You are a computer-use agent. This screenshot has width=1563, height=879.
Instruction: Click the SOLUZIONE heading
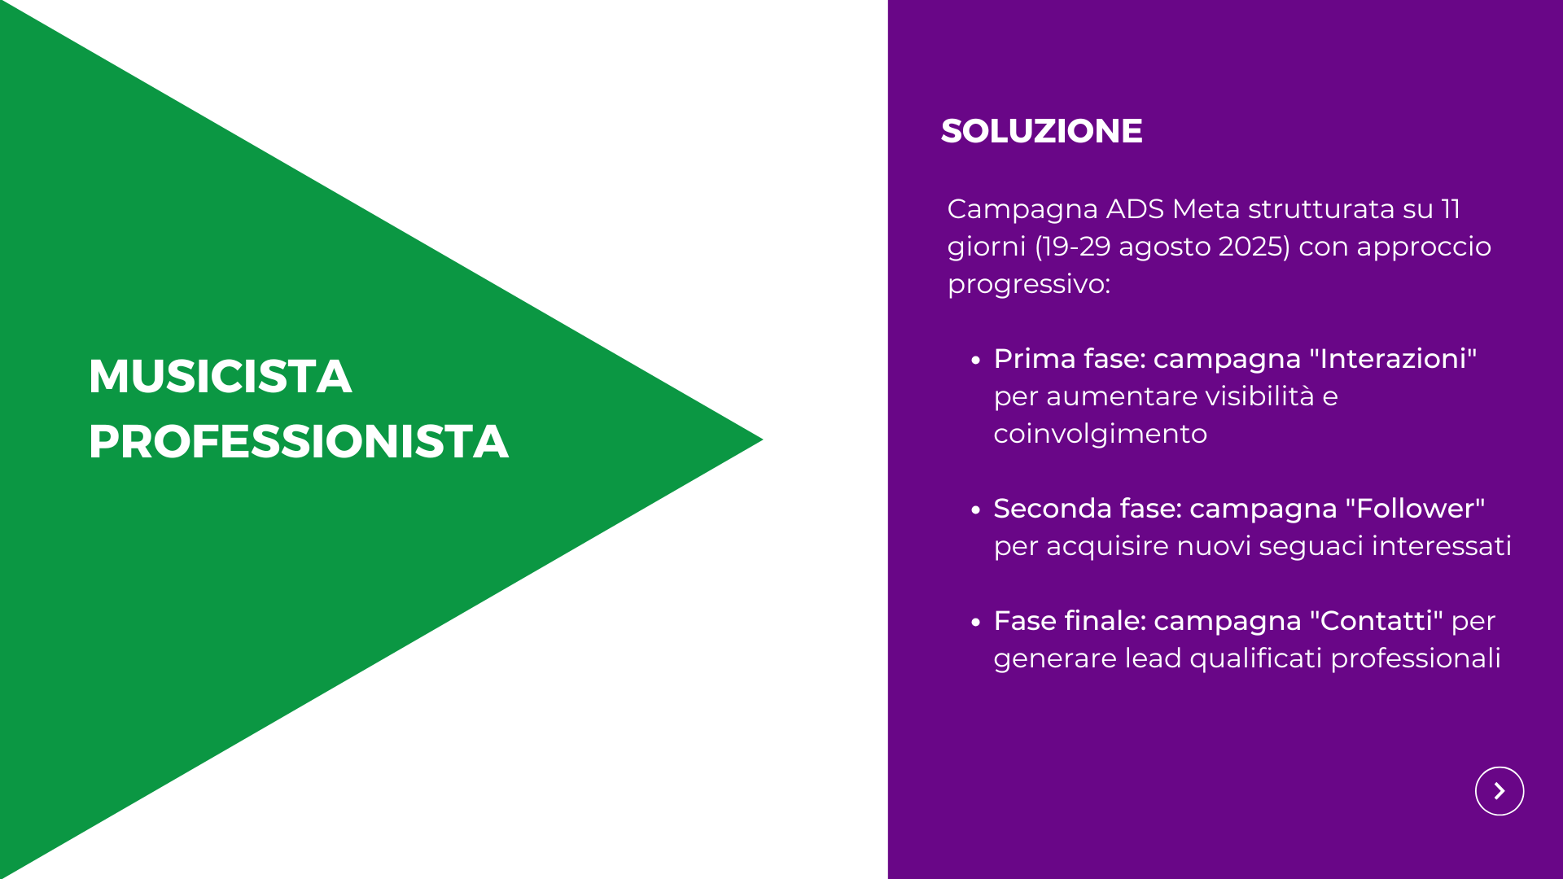1041,131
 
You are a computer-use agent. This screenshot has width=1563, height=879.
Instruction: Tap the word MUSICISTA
220,376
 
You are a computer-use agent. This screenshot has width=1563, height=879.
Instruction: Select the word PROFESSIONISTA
299,441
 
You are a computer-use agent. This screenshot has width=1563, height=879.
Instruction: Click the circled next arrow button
1500,791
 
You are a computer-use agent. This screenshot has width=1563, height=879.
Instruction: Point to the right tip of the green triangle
763,439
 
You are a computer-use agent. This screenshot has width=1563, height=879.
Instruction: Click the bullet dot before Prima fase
976,360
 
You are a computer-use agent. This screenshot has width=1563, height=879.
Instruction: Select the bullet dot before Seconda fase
976,509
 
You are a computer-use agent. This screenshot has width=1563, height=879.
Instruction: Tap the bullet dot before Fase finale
976,622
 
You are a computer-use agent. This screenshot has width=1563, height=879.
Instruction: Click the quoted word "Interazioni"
1393,358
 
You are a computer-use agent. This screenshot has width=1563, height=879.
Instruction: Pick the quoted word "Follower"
1415,508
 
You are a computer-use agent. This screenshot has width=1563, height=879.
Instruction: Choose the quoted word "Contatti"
1377,620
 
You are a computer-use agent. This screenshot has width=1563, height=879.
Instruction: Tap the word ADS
1135,208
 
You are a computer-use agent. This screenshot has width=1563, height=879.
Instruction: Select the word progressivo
1029,284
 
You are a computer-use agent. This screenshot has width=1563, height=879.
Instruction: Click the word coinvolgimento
1100,434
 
